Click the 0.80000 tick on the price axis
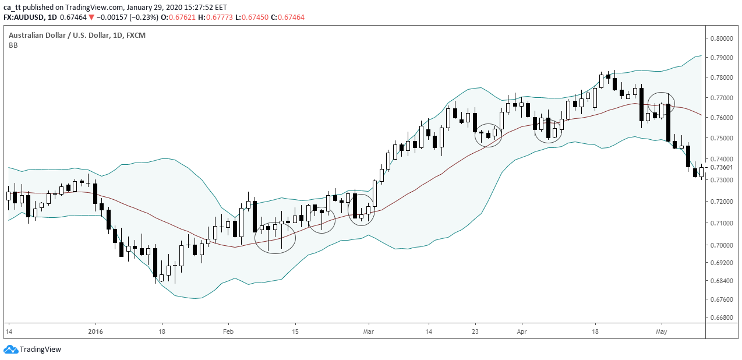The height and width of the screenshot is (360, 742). [722, 38]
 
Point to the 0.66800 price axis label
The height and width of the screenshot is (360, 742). [722, 317]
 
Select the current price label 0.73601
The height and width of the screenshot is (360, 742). [722, 168]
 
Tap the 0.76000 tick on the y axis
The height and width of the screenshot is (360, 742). [722, 118]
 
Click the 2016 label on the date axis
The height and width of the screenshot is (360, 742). [95, 332]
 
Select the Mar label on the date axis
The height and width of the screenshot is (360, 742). [368, 332]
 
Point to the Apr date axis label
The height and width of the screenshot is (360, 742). [521, 332]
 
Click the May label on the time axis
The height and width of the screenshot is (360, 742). [661, 332]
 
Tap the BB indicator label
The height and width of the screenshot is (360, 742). [13, 45]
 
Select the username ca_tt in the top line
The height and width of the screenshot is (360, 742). [13, 7]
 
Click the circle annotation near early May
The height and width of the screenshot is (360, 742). [661, 103]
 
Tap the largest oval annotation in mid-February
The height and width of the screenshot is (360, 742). [275, 237]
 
